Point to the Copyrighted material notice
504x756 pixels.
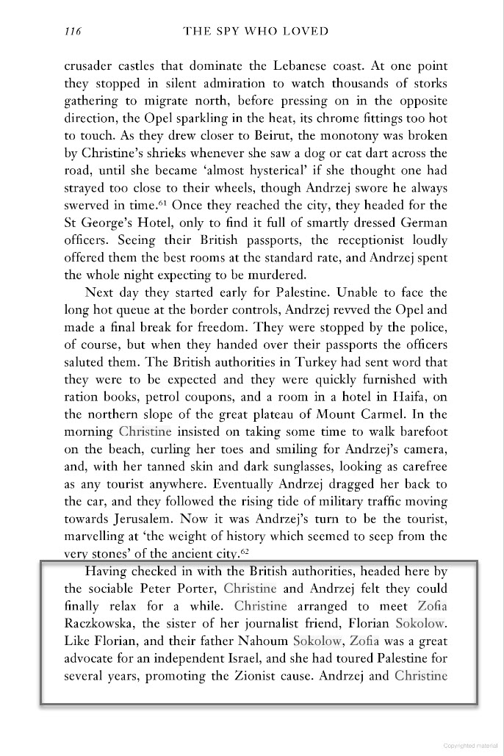pos(471,744)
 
